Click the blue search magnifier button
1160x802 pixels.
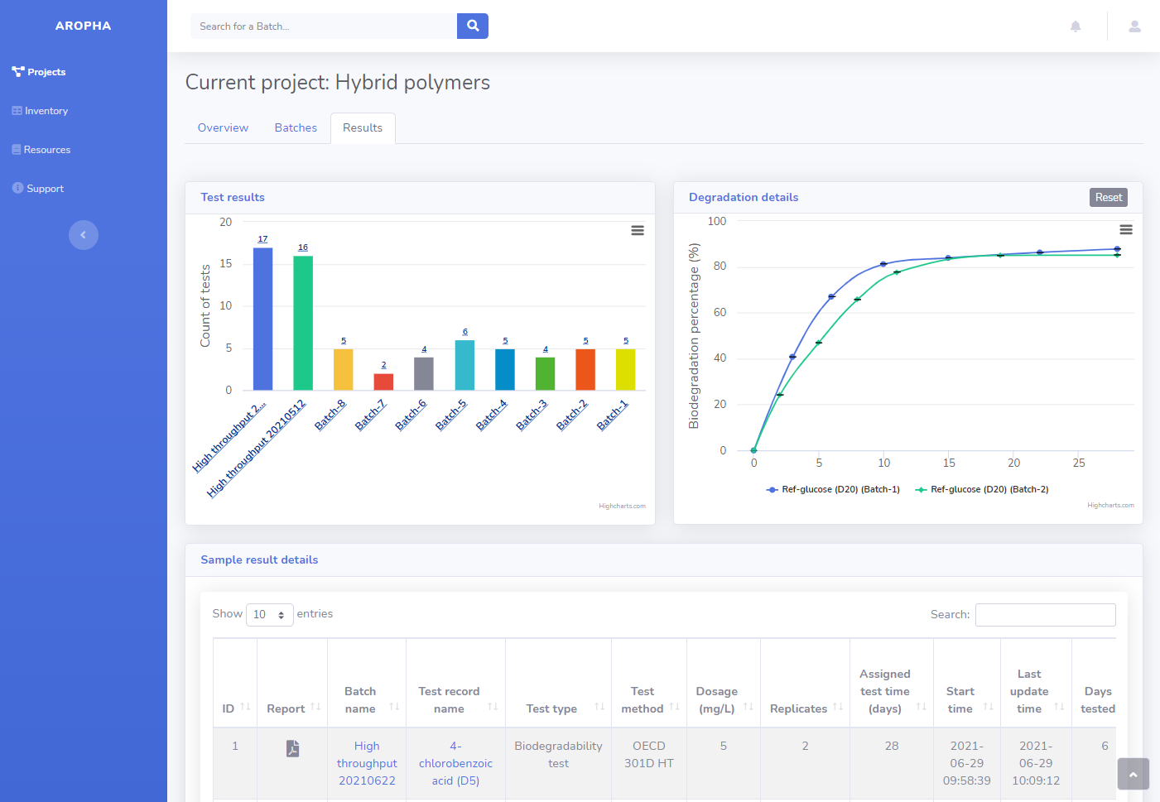click(x=472, y=26)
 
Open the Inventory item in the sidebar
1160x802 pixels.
click(x=46, y=111)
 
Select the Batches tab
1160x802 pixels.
click(x=296, y=127)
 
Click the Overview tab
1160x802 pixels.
click(x=223, y=127)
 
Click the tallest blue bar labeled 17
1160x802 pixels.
click(x=262, y=319)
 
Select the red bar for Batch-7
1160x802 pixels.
click(x=383, y=382)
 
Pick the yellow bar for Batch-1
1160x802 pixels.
click(x=625, y=369)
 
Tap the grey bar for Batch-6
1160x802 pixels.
click(x=424, y=373)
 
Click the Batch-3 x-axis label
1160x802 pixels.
click(x=532, y=415)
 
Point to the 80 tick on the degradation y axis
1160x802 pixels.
click(x=720, y=267)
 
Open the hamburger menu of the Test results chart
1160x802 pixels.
click(x=638, y=231)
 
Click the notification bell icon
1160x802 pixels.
click(x=1075, y=26)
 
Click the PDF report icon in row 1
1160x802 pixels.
click(x=292, y=748)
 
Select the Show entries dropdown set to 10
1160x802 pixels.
click(x=269, y=614)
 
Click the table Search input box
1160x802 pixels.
click(x=1045, y=614)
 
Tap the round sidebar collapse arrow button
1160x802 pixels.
click(x=83, y=235)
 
